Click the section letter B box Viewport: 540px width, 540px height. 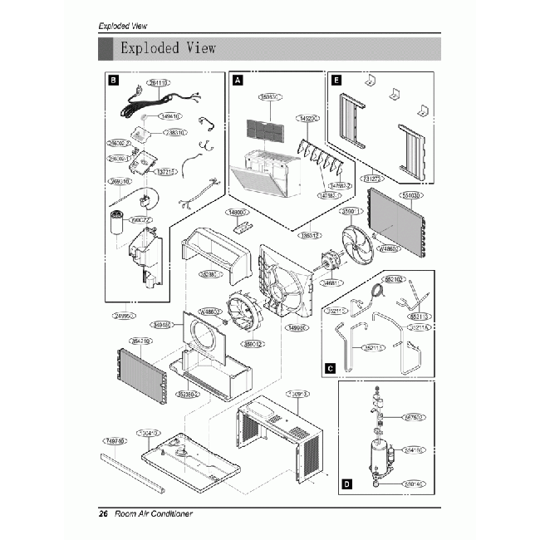[x=113, y=81]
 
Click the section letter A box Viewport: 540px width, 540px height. [x=238, y=81]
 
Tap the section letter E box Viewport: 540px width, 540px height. [x=336, y=81]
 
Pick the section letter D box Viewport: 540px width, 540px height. [x=346, y=482]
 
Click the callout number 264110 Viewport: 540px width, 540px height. [x=158, y=83]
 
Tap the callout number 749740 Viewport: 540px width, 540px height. [x=115, y=441]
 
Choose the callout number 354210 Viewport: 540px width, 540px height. [x=139, y=341]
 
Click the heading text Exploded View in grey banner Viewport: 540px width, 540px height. [x=168, y=47]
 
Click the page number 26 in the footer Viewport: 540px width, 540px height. [x=104, y=514]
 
